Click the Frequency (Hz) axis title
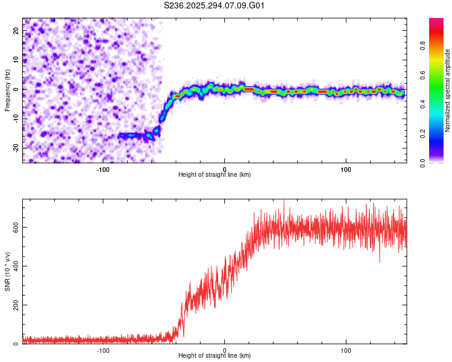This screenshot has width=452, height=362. tap(7, 89)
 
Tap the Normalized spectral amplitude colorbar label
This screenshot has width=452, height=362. tap(447, 91)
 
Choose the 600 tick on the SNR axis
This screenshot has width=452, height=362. tap(14, 227)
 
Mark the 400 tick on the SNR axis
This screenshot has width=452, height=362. tap(14, 266)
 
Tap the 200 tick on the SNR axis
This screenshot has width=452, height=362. tap(14, 305)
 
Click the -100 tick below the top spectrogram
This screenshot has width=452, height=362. tap(102, 170)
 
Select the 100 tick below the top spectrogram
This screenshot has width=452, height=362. tap(346, 170)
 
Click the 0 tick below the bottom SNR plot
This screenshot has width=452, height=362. tap(224, 351)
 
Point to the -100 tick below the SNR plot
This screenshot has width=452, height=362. tap(102, 351)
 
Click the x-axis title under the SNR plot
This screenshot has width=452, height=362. tap(215, 357)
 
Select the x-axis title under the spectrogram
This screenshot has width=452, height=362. tap(215, 175)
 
